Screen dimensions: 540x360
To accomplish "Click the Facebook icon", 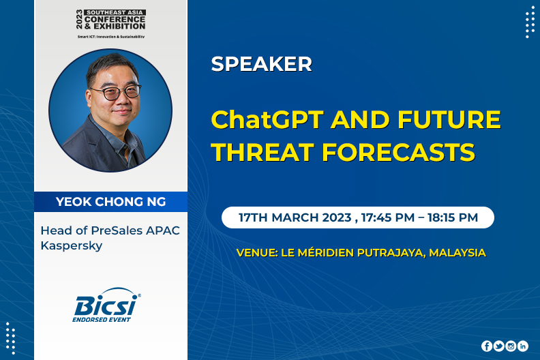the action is pyautogui.click(x=487, y=346).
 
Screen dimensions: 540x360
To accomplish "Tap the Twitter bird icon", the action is pyautogui.click(x=498, y=346).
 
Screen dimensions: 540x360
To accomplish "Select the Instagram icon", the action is pyautogui.click(x=511, y=346).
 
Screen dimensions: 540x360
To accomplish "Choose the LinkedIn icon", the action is pyautogui.click(x=523, y=346).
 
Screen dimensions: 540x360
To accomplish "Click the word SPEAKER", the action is pyautogui.click(x=261, y=63).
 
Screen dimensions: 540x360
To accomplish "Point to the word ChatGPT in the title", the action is pyautogui.click(x=267, y=119).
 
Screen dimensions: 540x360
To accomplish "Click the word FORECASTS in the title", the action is pyautogui.click(x=399, y=152).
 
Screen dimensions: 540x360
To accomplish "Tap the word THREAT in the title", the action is pyautogui.click(x=262, y=152).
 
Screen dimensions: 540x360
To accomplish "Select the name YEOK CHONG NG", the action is pyautogui.click(x=111, y=202).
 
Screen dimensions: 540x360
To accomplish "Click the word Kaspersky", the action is pyautogui.click(x=72, y=246).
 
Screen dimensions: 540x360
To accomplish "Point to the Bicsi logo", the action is pyautogui.click(x=106, y=305).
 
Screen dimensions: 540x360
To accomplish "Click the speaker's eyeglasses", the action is pyautogui.click(x=116, y=92).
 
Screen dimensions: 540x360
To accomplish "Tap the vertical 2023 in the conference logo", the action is pyautogui.click(x=80, y=19).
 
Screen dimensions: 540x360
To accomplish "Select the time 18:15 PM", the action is pyautogui.click(x=453, y=217).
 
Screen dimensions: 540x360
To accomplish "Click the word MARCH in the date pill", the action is pyautogui.click(x=295, y=217).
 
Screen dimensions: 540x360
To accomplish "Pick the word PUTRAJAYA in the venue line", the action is pyautogui.click(x=391, y=253).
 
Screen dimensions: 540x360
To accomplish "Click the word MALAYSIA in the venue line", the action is pyautogui.click(x=457, y=253).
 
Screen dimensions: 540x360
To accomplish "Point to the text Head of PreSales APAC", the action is pyautogui.click(x=110, y=230).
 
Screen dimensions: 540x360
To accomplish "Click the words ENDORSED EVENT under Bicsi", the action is pyautogui.click(x=102, y=320).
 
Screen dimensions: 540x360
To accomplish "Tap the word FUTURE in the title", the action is pyautogui.click(x=449, y=119).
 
